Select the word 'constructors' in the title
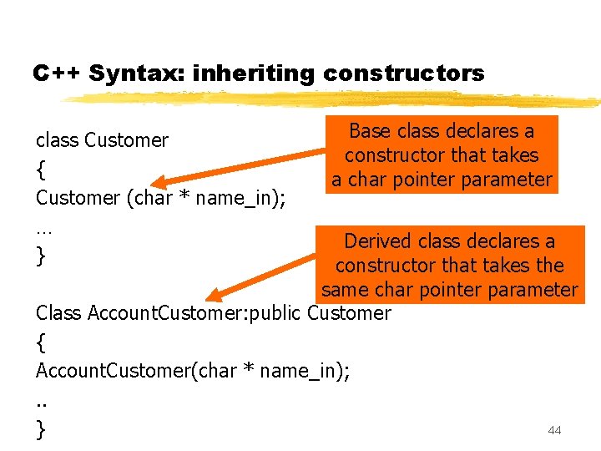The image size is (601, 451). [x=403, y=73]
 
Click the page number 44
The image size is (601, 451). [x=554, y=430]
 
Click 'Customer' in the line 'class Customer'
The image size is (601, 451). [x=127, y=140]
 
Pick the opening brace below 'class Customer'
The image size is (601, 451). [x=40, y=170]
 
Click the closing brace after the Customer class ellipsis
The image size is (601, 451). [x=40, y=256]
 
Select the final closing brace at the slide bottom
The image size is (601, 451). [x=40, y=428]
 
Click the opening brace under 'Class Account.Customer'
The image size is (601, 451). [x=40, y=342]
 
